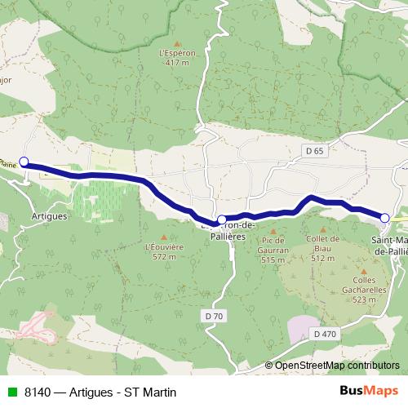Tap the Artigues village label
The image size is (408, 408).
click(x=47, y=218)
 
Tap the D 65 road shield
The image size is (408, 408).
click(x=316, y=151)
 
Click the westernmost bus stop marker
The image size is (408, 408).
click(x=24, y=162)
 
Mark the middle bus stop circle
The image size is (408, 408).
click(x=221, y=220)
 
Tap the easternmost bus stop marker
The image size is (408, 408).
click(x=385, y=216)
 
